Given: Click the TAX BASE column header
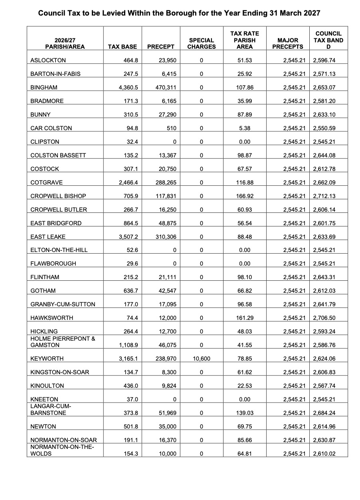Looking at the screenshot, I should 122,47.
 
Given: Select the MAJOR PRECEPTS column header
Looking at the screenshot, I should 287,44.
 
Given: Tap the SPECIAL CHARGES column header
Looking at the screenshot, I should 202,44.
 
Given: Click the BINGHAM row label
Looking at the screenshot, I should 44,87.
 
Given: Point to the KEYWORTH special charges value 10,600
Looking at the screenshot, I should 201,359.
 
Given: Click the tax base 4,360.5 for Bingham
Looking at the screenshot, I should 128,87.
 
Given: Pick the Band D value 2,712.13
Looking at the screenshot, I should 324,196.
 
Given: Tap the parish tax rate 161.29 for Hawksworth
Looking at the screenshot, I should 245,318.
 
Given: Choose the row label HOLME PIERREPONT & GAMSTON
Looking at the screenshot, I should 63,342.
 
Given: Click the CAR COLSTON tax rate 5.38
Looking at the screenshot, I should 245,128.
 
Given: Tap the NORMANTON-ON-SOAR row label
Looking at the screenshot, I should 63,440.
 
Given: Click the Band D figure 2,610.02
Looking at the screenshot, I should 324,454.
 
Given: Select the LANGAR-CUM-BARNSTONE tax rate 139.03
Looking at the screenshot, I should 245,413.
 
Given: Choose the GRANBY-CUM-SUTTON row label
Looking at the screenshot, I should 63,304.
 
